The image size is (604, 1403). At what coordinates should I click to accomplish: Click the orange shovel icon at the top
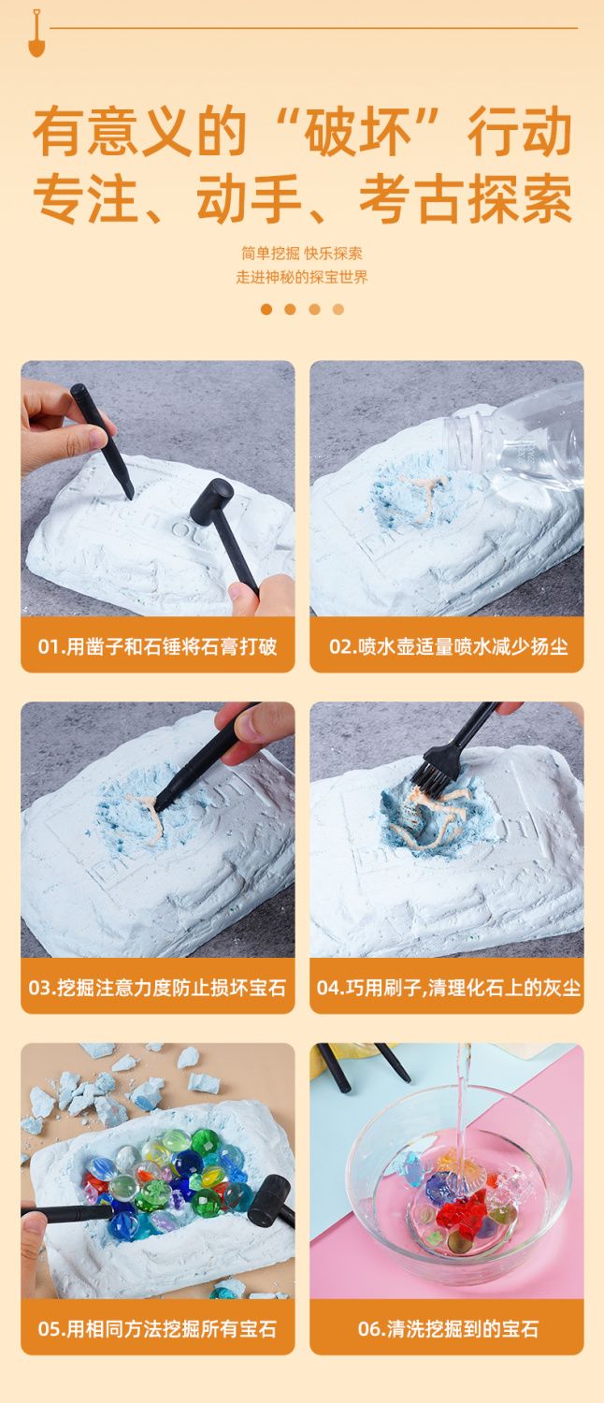(x=36, y=34)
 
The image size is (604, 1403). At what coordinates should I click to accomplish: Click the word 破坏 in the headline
(x=357, y=132)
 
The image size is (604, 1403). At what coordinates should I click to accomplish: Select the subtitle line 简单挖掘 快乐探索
(x=302, y=253)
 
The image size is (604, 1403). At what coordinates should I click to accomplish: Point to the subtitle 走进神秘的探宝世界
(x=302, y=278)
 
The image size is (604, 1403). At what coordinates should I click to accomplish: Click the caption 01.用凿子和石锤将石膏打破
(x=158, y=646)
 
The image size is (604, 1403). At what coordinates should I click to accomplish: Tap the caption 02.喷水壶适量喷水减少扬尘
(x=448, y=646)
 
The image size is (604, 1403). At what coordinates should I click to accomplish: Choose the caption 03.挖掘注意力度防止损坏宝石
(x=157, y=988)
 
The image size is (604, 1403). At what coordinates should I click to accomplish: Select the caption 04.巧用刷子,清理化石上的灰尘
(x=448, y=988)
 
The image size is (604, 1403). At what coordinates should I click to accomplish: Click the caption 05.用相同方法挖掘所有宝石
(x=157, y=1329)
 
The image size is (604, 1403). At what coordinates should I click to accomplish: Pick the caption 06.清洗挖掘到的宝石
(x=448, y=1329)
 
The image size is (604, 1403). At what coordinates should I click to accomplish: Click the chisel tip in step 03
(x=159, y=807)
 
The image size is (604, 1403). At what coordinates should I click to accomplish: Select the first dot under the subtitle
(x=266, y=310)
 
